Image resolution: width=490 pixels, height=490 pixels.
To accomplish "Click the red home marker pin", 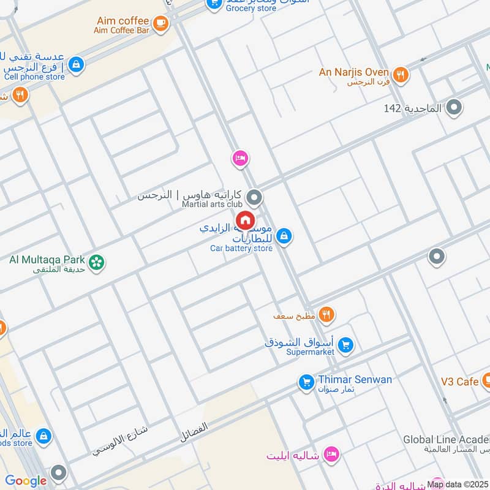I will [x=245, y=221].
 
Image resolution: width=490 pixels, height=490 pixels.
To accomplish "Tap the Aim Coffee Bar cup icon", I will [x=160, y=23].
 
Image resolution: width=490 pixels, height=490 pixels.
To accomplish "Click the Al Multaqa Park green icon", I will [x=96, y=263].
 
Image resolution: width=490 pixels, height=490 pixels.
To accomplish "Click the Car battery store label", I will [x=241, y=248].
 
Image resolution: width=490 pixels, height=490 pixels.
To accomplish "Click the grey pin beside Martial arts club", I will [x=254, y=198].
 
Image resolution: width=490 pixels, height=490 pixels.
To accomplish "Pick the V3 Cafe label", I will [x=459, y=382].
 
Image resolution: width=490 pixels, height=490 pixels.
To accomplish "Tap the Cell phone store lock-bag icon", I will [x=76, y=64].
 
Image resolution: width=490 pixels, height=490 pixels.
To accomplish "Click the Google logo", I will [x=26, y=481].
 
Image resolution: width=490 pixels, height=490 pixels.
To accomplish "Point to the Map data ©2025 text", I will [x=458, y=484].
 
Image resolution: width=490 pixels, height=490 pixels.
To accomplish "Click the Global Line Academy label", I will [x=446, y=440].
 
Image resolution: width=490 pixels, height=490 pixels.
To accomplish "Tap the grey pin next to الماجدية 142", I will [x=454, y=108].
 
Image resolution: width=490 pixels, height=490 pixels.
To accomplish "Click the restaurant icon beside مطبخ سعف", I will [x=326, y=315].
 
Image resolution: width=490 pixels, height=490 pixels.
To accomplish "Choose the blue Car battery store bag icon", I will [x=284, y=235].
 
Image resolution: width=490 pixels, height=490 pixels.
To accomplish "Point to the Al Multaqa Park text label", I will [x=47, y=259].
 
